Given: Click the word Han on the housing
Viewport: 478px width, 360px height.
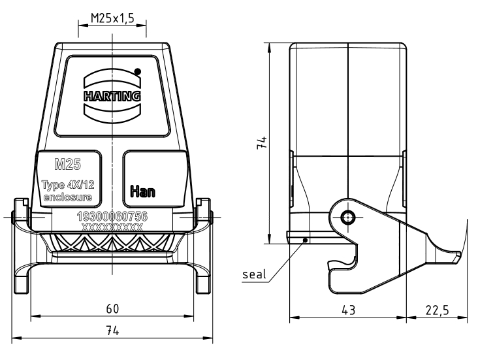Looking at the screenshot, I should click(142, 191).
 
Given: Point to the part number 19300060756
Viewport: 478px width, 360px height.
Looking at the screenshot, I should click(112, 216).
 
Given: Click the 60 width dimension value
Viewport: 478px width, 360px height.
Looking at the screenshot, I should click(112, 309).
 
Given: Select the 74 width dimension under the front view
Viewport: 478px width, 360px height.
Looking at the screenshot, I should click(112, 332).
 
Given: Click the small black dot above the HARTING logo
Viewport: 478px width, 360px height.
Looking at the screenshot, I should click(137, 71).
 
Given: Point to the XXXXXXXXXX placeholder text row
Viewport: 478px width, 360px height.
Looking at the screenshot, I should click(112, 227).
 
